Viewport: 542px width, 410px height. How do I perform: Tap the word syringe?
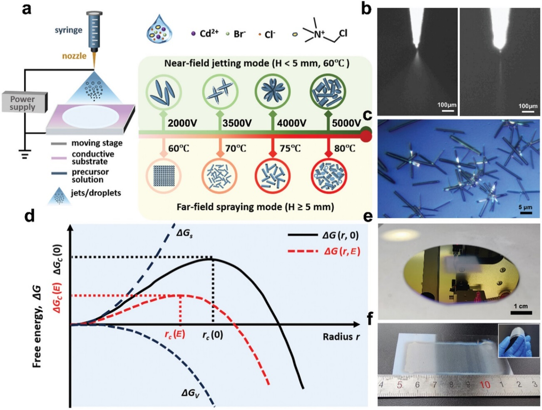point(68,30)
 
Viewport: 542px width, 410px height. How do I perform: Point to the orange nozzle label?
point(74,56)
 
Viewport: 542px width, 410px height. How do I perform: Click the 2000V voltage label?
point(182,123)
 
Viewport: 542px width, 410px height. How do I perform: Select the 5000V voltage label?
point(346,123)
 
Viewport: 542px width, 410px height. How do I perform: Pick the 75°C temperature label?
point(291,148)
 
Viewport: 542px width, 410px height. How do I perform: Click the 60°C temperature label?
point(179,148)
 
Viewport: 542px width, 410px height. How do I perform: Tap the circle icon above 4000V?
point(272,92)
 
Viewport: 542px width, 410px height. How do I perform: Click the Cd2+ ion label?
point(209,34)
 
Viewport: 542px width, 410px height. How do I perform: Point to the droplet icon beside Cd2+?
point(159,29)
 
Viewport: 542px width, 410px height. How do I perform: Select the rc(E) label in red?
point(174,334)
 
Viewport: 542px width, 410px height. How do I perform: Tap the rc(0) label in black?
point(212,335)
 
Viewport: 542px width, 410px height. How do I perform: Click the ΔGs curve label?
point(184,233)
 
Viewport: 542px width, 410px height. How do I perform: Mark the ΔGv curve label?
point(190,392)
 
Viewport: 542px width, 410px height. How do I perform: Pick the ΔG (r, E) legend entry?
point(342,251)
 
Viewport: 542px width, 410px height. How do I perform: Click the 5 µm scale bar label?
point(525,207)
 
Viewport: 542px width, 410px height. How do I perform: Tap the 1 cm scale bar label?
point(520,306)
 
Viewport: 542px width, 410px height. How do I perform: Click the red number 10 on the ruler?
point(485,385)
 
